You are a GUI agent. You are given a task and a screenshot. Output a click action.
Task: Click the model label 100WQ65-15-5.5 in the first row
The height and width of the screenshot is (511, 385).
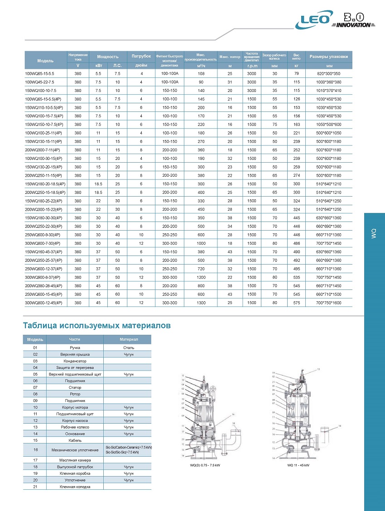(x=40, y=73)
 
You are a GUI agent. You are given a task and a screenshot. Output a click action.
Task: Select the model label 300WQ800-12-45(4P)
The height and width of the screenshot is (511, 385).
(x=43, y=302)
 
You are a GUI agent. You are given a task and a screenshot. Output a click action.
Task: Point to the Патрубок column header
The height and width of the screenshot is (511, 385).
(x=141, y=57)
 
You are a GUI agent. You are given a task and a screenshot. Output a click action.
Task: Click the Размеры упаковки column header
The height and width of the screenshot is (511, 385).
(x=329, y=57)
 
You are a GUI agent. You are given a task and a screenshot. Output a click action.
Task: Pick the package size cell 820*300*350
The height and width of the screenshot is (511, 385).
(x=329, y=73)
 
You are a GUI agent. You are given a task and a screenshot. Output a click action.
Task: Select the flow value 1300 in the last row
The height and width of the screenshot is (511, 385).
(x=202, y=302)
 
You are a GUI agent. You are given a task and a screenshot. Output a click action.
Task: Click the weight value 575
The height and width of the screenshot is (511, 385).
(x=297, y=302)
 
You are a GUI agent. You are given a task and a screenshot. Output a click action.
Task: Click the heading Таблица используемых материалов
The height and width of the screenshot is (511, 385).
(x=96, y=325)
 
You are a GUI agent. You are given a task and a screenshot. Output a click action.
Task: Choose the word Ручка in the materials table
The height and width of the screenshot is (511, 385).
(x=75, y=347)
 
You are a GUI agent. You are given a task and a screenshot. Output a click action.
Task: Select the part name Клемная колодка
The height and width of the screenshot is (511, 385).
(x=75, y=487)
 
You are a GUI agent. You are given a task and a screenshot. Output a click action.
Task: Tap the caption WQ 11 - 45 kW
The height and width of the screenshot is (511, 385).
(x=298, y=465)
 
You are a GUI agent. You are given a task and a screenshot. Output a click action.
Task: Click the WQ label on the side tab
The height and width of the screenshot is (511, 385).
(x=374, y=233)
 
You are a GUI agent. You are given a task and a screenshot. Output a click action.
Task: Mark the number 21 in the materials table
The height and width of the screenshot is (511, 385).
(x=35, y=487)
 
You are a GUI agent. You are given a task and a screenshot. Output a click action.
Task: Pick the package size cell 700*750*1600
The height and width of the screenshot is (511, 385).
(x=329, y=302)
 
